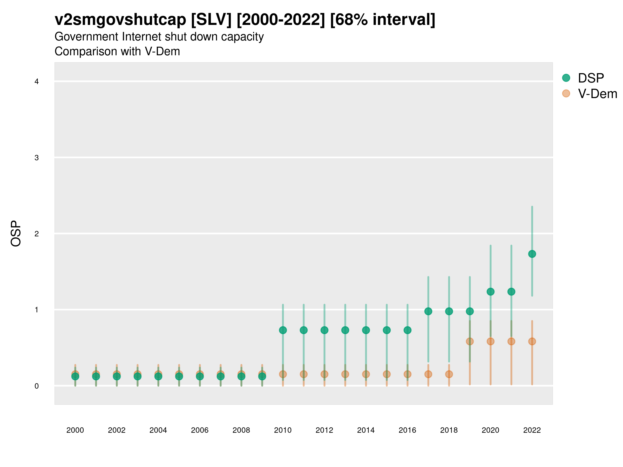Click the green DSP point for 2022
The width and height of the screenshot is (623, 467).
point(532,254)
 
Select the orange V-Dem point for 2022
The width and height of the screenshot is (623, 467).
point(532,341)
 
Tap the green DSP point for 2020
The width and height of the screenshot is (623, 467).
point(490,292)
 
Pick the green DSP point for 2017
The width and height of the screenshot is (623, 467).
point(428,311)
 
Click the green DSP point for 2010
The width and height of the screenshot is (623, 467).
point(283,330)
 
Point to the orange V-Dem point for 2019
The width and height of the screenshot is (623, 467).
point(470,341)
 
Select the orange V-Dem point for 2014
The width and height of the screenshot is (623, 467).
point(366,374)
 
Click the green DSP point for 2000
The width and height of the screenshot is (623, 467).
point(75,376)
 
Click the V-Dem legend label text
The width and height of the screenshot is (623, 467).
point(597,94)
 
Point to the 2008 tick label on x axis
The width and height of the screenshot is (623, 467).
point(241,430)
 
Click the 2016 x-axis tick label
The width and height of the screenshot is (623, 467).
point(407,430)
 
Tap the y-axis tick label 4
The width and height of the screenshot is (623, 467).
point(37,82)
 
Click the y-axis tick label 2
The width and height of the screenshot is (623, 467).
point(37,234)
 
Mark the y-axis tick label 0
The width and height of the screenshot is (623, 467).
point(37,386)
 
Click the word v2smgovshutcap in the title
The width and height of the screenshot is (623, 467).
point(120,20)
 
